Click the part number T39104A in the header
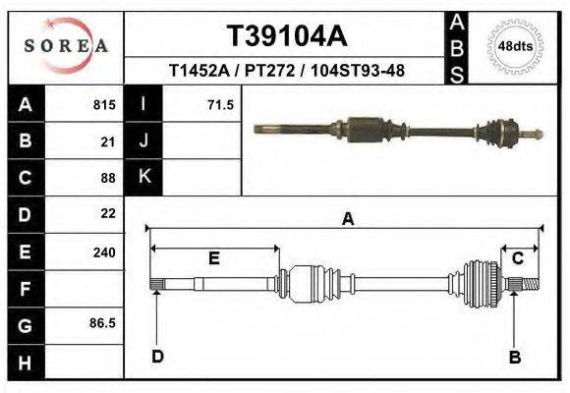[x=287, y=36]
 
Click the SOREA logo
[x=66, y=45]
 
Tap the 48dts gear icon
[x=515, y=45]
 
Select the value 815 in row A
[x=104, y=105]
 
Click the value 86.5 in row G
[x=102, y=322]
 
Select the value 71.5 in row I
[x=220, y=105]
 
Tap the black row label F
[x=26, y=288]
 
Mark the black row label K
[x=143, y=177]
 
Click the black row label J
[x=143, y=141]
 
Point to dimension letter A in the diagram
[x=347, y=220]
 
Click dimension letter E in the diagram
[x=213, y=258]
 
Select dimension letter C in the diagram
[x=517, y=258]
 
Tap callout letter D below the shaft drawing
[x=157, y=357]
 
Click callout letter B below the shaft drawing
[x=514, y=357]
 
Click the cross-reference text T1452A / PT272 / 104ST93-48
[x=287, y=71]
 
